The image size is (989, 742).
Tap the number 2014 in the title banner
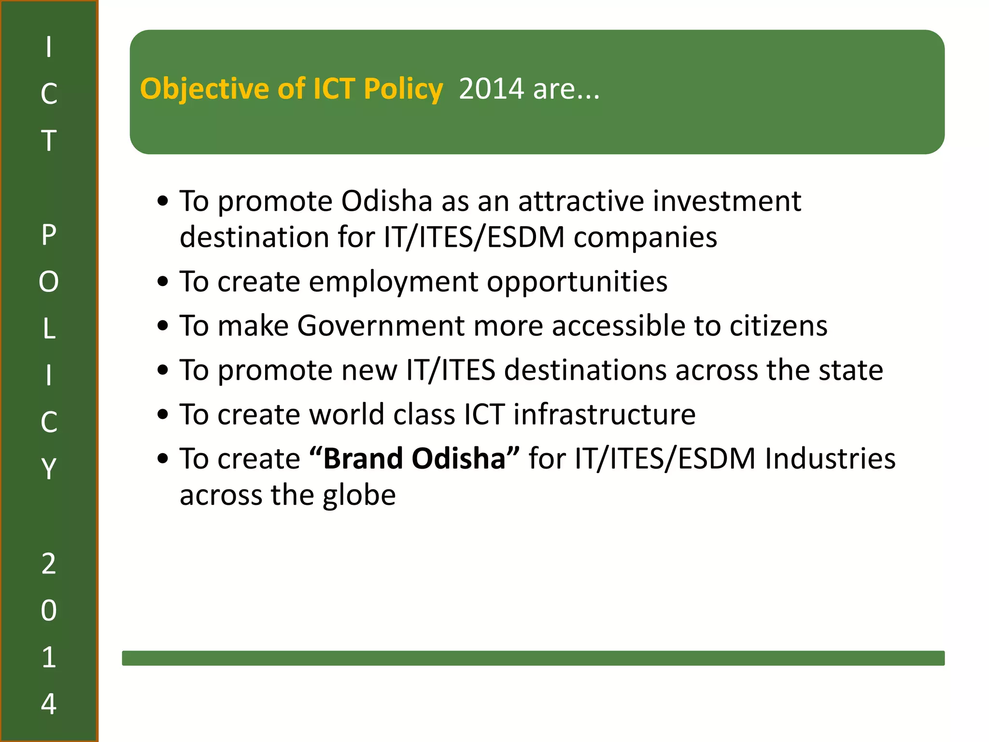coord(491,89)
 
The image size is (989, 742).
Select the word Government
coord(381,326)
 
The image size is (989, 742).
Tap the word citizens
coord(778,326)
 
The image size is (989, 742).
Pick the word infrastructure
coord(604,414)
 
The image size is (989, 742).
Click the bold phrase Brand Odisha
coord(414,458)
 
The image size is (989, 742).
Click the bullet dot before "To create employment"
coord(163,282)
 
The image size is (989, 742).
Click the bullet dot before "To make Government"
coord(163,326)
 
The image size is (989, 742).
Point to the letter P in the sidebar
coord(49,235)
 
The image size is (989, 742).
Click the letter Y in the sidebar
coord(49,468)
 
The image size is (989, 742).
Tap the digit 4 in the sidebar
coord(49,703)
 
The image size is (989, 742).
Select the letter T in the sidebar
coord(49,141)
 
